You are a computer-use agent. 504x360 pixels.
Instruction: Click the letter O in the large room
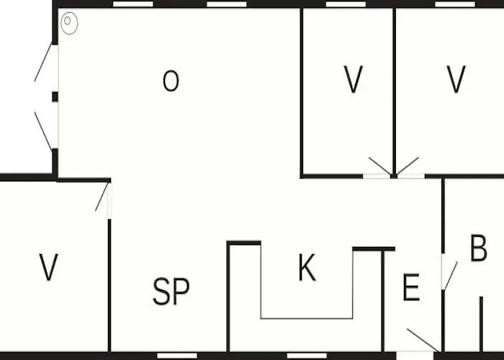pyautogui.click(x=171, y=81)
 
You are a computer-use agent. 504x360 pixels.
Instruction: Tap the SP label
pyautogui.click(x=171, y=291)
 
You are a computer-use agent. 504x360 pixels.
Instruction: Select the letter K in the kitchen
pyautogui.click(x=307, y=267)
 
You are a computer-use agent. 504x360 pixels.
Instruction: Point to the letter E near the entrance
pyautogui.click(x=411, y=287)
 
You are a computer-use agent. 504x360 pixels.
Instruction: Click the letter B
pyautogui.click(x=479, y=248)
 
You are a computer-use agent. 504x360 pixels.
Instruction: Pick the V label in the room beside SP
pyautogui.click(x=48, y=267)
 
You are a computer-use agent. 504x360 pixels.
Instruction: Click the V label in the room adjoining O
pyautogui.click(x=354, y=79)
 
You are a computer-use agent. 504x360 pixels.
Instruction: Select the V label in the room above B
pyautogui.click(x=456, y=79)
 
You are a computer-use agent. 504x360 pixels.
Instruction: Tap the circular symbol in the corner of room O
pyautogui.click(x=69, y=23)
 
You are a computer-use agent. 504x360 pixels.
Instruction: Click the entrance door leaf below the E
pyautogui.click(x=423, y=340)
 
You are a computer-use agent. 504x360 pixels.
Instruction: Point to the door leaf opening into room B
pyautogui.click(x=451, y=275)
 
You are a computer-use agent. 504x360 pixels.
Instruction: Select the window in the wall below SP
pyautogui.click(x=177, y=356)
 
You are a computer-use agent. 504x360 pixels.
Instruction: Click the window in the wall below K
pyautogui.click(x=307, y=356)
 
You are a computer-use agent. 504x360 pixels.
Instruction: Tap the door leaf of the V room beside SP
pyautogui.click(x=102, y=197)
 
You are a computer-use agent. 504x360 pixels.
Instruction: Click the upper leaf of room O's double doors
pyautogui.click(x=43, y=63)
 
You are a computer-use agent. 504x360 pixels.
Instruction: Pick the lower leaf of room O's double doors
pyautogui.click(x=43, y=131)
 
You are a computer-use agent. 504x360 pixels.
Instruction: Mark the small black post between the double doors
pyautogui.click(x=55, y=96)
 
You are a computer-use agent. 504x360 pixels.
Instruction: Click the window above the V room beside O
pyautogui.click(x=346, y=4)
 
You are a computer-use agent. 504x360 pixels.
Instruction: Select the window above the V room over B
pyautogui.click(x=455, y=4)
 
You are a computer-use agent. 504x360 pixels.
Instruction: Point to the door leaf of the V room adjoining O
pyautogui.click(x=380, y=166)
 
